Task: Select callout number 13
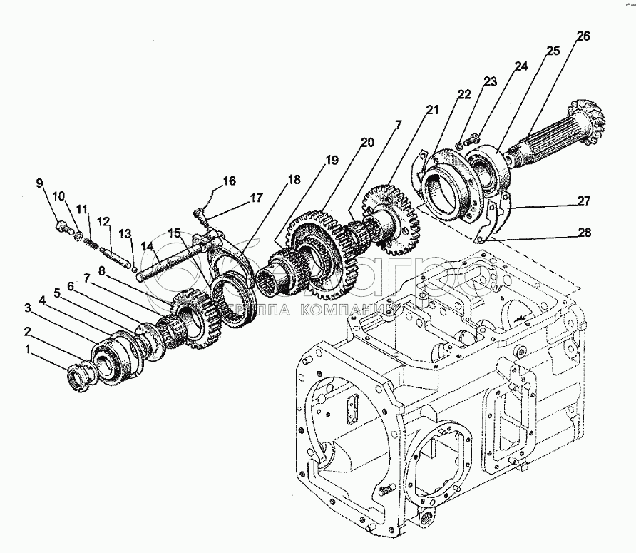pyautogui.click(x=125, y=233)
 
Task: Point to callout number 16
pyautogui.click(x=230, y=181)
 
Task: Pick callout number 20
pyautogui.click(x=367, y=143)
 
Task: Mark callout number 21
pyautogui.click(x=432, y=109)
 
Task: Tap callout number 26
pyautogui.click(x=583, y=37)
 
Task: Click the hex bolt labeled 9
pyautogui.click(x=61, y=228)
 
